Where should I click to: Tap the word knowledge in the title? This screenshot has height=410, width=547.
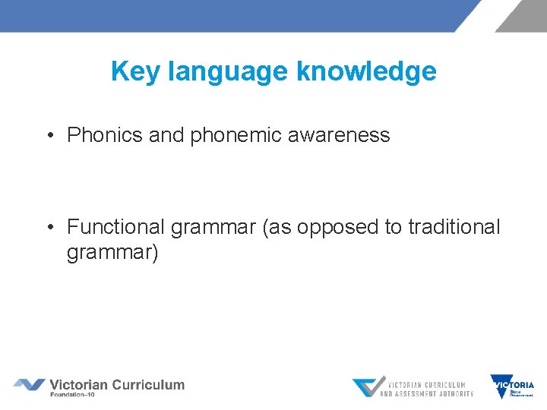click(x=367, y=71)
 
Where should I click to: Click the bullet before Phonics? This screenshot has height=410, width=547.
click(x=49, y=136)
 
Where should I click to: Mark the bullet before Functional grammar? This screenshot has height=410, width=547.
click(x=49, y=227)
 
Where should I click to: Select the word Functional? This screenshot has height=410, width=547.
click(x=115, y=226)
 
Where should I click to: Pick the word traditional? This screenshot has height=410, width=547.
click(x=454, y=226)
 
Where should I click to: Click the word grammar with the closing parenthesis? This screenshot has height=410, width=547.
click(x=112, y=252)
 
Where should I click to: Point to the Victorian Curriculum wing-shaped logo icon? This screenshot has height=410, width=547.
click(x=29, y=385)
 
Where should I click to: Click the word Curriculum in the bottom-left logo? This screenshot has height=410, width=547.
click(x=148, y=384)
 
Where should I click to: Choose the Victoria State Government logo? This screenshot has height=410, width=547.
click(x=512, y=386)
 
